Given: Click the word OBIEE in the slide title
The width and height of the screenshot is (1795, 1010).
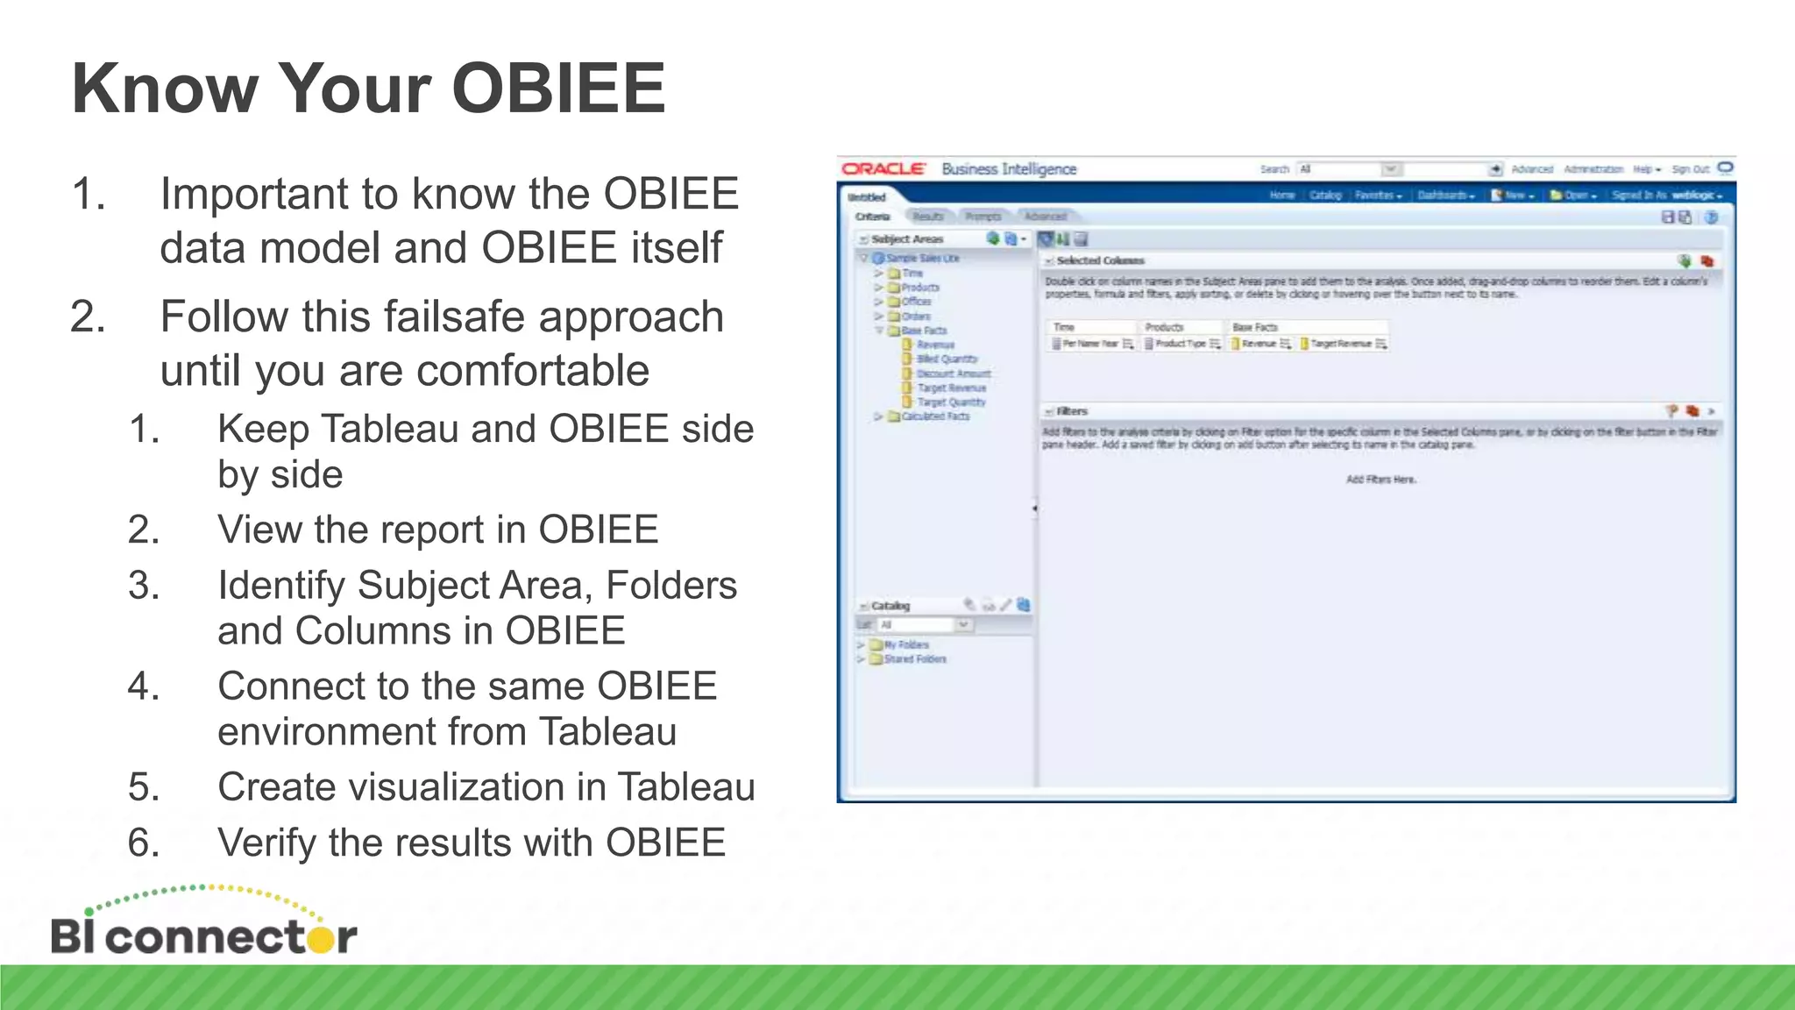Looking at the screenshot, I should coord(558,89).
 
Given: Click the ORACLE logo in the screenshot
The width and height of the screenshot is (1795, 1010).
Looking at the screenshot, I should coord(883,168).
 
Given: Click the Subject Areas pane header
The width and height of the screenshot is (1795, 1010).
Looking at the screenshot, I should coord(907,238).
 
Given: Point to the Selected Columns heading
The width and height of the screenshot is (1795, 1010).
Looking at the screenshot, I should coord(1100,260).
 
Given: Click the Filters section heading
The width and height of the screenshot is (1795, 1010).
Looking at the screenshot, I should coord(1071,411).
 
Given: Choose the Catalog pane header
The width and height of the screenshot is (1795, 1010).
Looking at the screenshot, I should coord(890,606).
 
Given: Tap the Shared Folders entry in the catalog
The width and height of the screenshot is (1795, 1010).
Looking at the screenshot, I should coord(915,659).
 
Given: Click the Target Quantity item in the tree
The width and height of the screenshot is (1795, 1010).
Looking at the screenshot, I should coord(951,402).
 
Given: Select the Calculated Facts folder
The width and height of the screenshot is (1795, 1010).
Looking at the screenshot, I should coord(935,416).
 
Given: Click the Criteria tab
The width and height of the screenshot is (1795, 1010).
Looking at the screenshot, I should coord(873,217).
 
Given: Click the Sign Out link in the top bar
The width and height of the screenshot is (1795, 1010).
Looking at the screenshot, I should coord(1690,169).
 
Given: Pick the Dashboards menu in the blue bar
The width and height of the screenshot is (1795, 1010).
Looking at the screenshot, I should coord(1444,196).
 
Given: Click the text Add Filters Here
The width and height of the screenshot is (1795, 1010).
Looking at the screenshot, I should coord(1380,480).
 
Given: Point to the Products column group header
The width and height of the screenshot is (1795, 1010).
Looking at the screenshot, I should coord(1164,327).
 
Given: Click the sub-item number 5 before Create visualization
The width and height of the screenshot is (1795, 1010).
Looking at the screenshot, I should coord(143,787).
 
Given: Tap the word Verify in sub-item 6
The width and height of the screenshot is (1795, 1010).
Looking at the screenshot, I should coord(267,843).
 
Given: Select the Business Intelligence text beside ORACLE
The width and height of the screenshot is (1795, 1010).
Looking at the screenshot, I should coord(1009,168).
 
